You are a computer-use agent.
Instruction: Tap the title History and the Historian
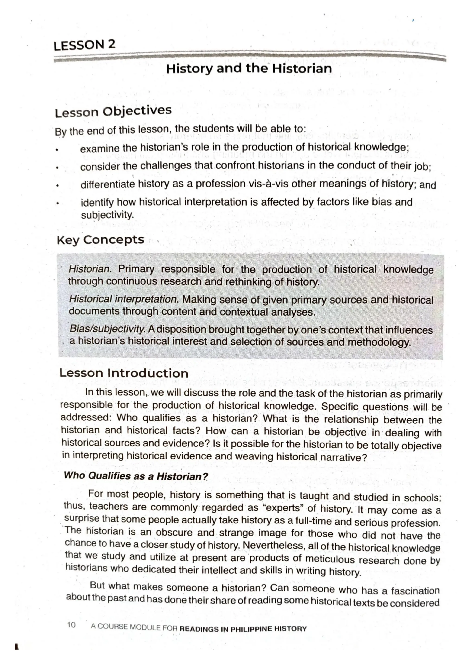tap(249, 69)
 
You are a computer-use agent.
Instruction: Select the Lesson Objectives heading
tap(113, 112)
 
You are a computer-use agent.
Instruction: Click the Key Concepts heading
tap(100, 240)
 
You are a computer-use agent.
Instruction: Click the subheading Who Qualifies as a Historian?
tap(136, 476)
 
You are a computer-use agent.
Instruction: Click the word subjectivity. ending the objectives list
tap(107, 215)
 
